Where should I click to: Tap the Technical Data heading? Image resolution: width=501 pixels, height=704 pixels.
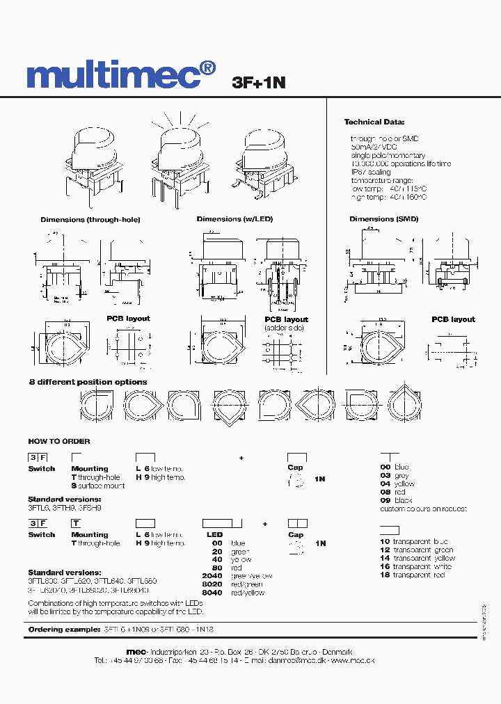[374, 122]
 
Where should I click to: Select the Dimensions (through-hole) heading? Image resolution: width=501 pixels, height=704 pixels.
[90, 220]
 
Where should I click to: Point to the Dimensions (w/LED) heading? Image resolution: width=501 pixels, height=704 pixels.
[234, 219]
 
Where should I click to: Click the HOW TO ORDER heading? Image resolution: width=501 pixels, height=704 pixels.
[59, 441]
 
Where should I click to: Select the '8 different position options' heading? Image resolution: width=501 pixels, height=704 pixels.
[88, 382]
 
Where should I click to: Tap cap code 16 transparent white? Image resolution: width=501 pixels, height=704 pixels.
[415, 567]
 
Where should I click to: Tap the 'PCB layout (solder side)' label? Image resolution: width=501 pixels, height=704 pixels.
[286, 323]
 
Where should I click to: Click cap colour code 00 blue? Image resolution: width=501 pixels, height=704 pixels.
[395, 467]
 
